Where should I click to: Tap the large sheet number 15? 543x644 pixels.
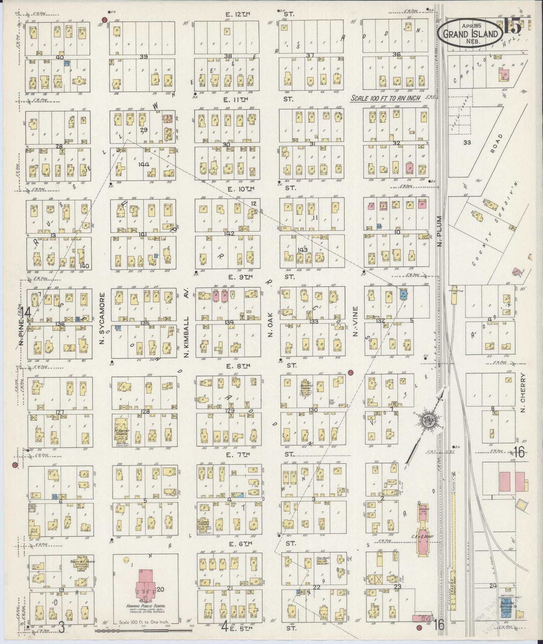(512, 27)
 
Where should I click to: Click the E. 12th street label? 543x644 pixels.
(238, 15)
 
